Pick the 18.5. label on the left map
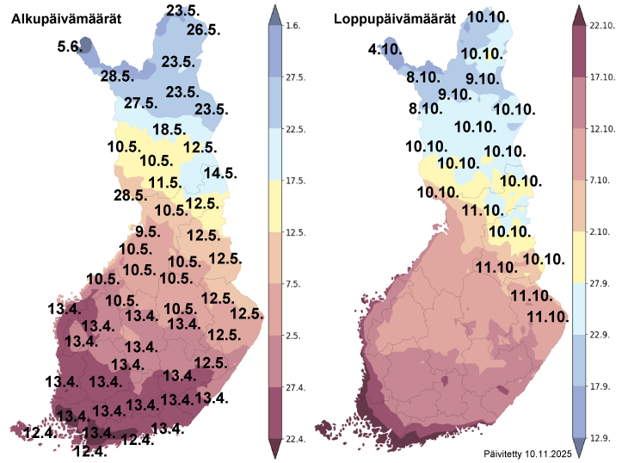[x=168, y=129]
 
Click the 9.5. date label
[x=148, y=231]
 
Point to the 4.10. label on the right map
[x=382, y=48]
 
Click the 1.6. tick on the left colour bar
[x=292, y=27]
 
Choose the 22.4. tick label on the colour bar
[x=295, y=439]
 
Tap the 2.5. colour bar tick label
[x=292, y=336]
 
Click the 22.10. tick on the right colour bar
[x=603, y=27]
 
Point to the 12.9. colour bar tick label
[x=600, y=439]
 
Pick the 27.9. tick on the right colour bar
[x=600, y=284]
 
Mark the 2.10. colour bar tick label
[x=600, y=232]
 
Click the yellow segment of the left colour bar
[x=273, y=207]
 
